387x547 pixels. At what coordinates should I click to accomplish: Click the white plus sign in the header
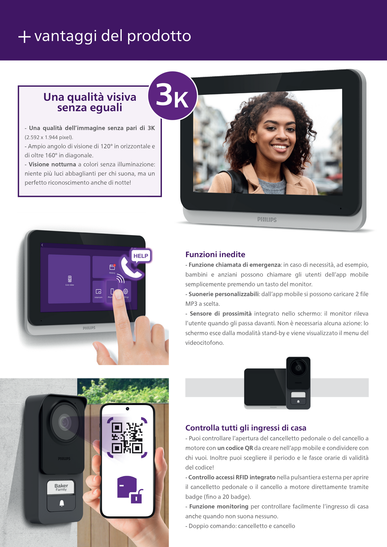click(x=24, y=37)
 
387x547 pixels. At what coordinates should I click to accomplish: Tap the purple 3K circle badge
click(x=173, y=96)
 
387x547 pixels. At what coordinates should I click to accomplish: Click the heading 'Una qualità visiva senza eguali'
click(x=90, y=102)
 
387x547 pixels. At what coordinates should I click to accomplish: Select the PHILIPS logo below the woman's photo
click(x=267, y=220)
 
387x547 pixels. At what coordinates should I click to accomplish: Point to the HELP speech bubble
click(x=141, y=256)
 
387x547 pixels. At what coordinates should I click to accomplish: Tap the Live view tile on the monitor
click(x=69, y=279)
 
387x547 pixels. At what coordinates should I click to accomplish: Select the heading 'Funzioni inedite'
click(x=215, y=255)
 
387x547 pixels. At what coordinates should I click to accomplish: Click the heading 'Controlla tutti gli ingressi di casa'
click(x=246, y=428)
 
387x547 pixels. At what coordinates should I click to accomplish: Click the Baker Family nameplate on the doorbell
click(x=61, y=487)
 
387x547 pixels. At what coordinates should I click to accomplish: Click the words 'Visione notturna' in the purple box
click(x=52, y=164)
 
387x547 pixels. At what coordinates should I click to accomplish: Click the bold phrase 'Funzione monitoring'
click(x=219, y=507)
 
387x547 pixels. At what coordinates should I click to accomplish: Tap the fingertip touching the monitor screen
click(x=118, y=294)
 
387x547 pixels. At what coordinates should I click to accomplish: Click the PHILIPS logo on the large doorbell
click(x=64, y=458)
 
